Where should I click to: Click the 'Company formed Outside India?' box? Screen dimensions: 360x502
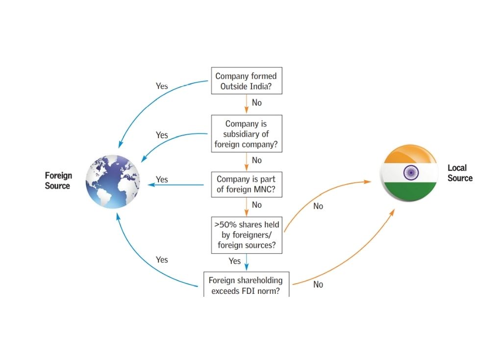(x=246, y=81)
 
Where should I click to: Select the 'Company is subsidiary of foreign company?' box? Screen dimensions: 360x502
(x=246, y=134)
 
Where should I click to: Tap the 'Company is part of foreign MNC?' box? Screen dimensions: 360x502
(x=246, y=184)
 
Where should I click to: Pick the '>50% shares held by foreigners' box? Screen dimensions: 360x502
(x=246, y=235)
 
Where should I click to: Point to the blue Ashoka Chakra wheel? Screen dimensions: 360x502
(x=410, y=172)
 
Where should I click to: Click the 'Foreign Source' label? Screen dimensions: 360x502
(x=58, y=180)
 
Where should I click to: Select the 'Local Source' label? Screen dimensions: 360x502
(x=460, y=173)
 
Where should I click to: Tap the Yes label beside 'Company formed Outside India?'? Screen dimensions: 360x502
(x=162, y=86)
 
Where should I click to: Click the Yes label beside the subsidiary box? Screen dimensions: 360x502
(x=162, y=135)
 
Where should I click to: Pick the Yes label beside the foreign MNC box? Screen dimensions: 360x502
(x=162, y=180)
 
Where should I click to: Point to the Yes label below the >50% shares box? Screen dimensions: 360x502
(x=235, y=261)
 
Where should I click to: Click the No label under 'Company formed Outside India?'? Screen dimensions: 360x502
(x=256, y=103)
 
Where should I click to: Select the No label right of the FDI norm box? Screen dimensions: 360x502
(x=318, y=285)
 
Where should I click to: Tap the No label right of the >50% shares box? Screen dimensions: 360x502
(x=318, y=206)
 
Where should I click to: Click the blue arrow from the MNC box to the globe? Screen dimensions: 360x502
(x=176, y=185)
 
